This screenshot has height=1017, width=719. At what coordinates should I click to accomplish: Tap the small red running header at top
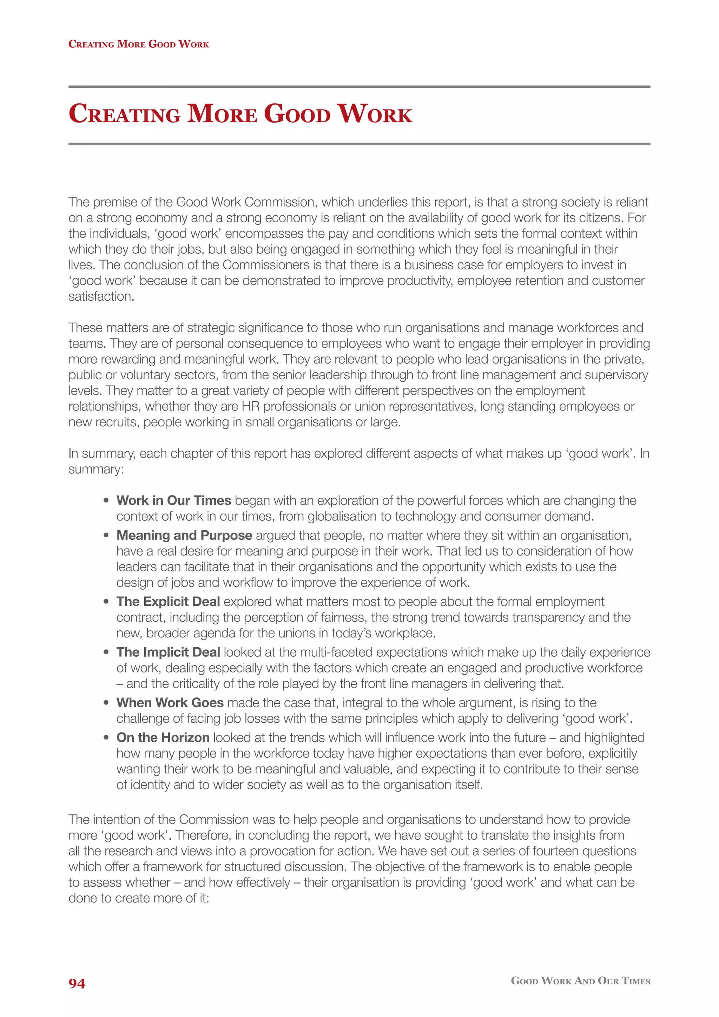pos(139,44)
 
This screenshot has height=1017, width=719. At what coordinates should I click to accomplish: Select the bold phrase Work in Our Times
pos(173,500)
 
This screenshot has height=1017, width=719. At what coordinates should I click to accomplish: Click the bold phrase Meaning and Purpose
pos(184,536)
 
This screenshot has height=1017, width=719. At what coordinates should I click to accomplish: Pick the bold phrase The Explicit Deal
pos(168,602)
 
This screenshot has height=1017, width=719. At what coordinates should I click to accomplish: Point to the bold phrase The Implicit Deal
pos(168,652)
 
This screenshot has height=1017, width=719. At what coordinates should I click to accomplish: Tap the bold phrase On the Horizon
pos(163,737)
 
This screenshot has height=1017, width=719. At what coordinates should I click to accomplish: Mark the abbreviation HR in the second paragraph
pos(250,406)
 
